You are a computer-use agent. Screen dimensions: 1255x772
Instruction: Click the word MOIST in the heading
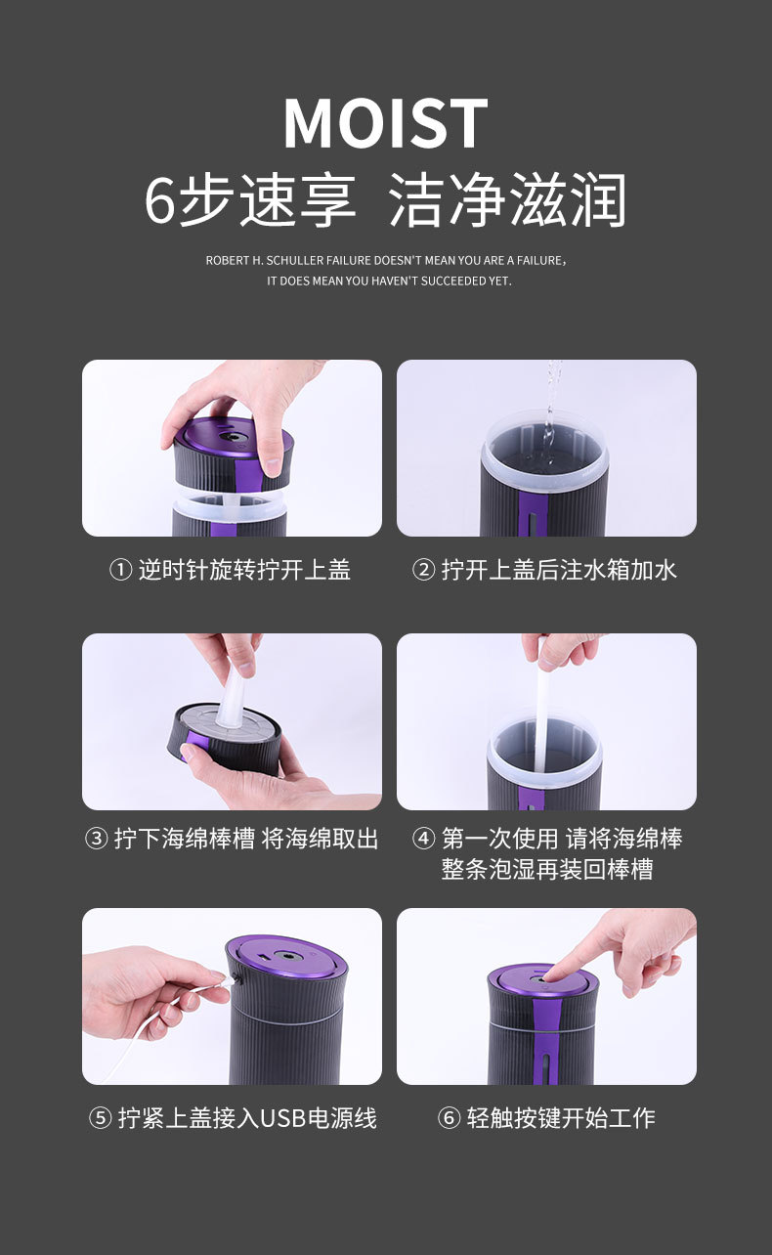click(385, 124)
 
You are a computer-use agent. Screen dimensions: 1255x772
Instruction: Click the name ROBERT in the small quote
click(224, 261)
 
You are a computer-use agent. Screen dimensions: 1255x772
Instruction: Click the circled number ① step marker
click(120, 570)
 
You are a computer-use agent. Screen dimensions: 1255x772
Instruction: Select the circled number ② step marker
click(423, 570)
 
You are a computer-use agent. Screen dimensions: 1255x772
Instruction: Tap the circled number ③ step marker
click(96, 839)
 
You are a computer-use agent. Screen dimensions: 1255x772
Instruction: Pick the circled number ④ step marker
click(423, 839)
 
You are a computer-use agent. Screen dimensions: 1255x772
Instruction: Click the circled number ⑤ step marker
click(100, 1118)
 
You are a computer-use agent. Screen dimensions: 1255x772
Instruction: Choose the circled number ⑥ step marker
click(449, 1118)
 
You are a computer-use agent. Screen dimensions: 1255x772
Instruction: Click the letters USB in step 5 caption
click(283, 1118)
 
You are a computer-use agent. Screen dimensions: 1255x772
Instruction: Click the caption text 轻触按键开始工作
click(560, 1118)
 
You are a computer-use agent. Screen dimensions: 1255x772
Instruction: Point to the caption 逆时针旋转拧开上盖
click(244, 570)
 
